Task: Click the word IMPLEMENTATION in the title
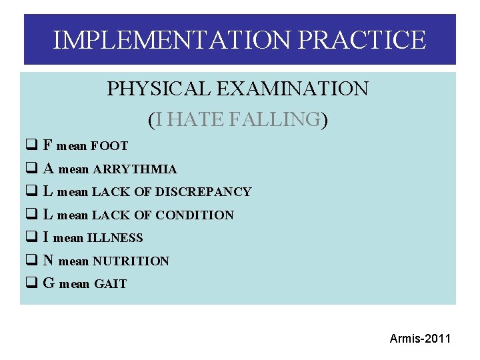pos(172,40)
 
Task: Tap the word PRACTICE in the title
pos(361,40)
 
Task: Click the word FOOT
pos(109,146)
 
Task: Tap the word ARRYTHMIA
pos(135,169)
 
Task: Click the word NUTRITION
pos(131,261)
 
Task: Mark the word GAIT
pos(110,284)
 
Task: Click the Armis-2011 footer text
pos(420,339)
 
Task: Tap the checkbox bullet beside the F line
pos(31,145)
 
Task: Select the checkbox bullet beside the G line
pos(31,283)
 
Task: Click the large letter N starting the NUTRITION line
pos(48,261)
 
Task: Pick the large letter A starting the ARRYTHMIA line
pos(48,169)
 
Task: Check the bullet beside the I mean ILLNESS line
pos(31,237)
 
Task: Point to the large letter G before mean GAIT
pos(49,283)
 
